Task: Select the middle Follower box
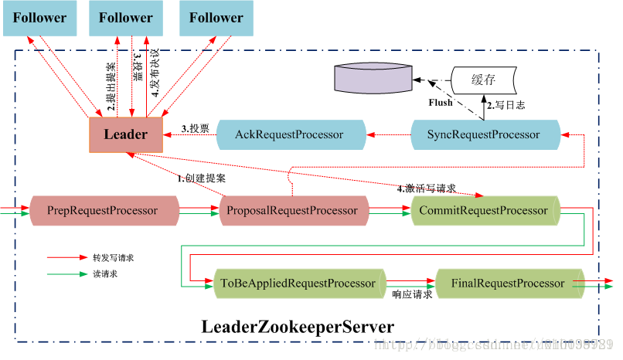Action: click(126, 18)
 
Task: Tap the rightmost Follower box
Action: click(216, 18)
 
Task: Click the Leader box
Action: click(125, 134)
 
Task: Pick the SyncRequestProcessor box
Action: click(483, 134)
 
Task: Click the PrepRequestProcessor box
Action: click(103, 210)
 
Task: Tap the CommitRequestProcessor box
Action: click(483, 210)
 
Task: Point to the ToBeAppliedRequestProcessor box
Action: click(298, 284)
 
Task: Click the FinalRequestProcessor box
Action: click(508, 284)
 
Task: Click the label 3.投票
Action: click(196, 127)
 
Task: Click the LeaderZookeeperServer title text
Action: click(298, 326)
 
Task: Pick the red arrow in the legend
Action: click(67, 257)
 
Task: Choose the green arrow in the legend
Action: click(67, 273)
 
